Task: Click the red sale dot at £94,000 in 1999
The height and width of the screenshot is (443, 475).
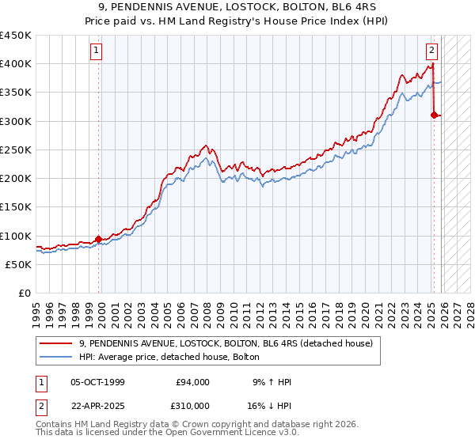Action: pos(99,239)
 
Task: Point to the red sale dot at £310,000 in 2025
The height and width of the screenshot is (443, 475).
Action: pos(434,115)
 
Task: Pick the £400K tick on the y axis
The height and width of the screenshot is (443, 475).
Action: pos(16,64)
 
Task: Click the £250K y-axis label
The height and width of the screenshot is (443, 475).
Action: pos(16,150)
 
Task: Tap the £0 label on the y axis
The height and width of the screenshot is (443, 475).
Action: pos(24,293)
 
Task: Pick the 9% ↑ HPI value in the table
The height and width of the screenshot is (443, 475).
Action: pos(271,382)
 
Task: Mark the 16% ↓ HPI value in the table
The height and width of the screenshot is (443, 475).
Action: pos(271,404)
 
